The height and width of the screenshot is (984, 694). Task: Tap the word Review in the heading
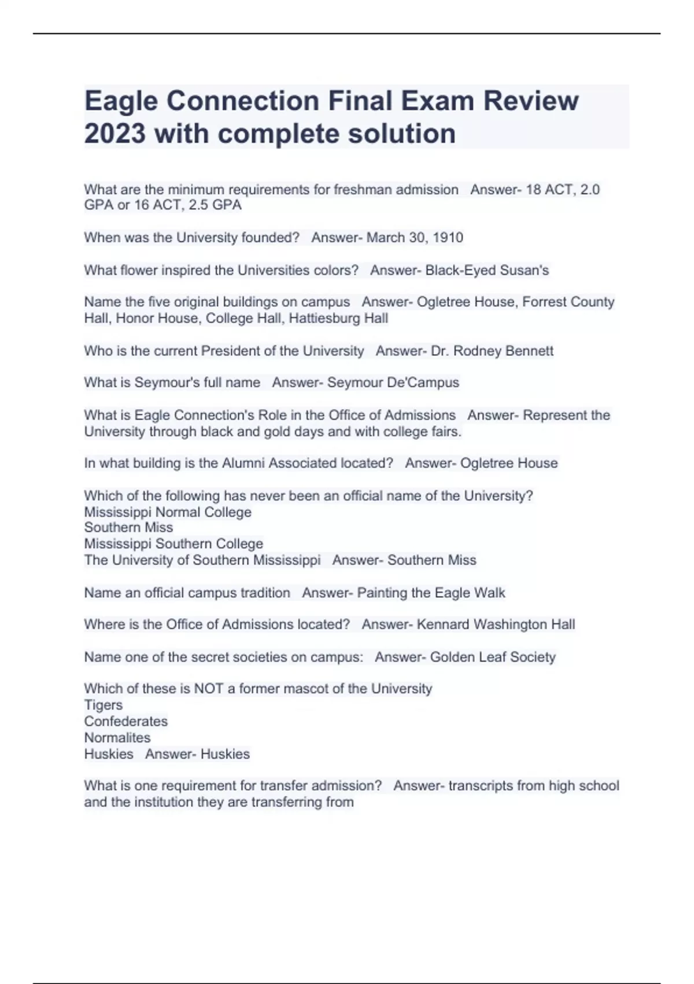click(531, 101)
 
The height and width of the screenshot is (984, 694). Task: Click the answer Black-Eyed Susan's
click(487, 270)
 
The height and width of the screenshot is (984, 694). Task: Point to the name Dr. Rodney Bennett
click(492, 351)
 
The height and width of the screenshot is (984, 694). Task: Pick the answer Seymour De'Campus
click(393, 383)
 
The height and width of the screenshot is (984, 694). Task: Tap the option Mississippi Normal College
click(168, 512)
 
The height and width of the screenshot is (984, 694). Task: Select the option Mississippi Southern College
click(173, 544)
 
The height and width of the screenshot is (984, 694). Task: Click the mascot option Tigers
click(104, 705)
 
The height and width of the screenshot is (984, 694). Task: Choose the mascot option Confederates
click(125, 721)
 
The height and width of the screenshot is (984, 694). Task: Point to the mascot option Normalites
click(117, 737)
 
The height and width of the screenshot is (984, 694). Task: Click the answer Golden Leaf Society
click(493, 657)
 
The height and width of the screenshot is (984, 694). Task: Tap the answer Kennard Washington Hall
click(496, 625)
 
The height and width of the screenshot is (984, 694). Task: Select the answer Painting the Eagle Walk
click(431, 593)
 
